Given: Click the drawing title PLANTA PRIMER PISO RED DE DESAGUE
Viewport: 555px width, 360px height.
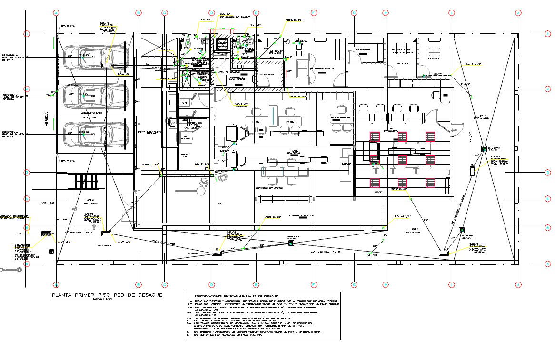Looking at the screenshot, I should coord(107,295).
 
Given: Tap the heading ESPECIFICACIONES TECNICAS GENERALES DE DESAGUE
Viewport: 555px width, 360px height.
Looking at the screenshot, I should coord(262,296).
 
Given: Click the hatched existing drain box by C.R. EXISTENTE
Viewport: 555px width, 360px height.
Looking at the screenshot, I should coord(47,234).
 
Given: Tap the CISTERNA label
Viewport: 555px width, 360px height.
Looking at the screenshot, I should coord(268,74).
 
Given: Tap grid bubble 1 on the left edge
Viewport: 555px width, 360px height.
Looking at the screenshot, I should coord(27,34).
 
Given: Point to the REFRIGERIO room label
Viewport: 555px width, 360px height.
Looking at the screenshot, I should coord(276,50).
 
